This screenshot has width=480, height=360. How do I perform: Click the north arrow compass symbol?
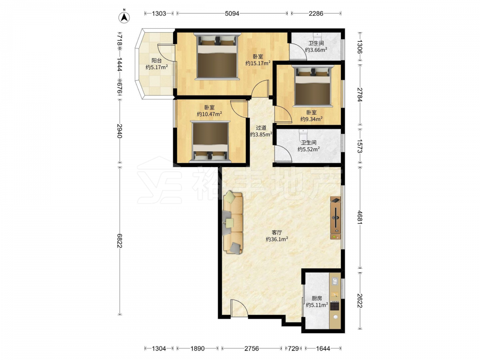124,17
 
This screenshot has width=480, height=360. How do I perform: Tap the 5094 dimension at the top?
232,13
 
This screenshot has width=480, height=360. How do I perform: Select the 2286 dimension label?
316,13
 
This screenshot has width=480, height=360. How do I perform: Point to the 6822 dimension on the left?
119,240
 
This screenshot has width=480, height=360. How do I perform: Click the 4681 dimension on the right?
360,217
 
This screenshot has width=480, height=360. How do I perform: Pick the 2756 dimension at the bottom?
252,348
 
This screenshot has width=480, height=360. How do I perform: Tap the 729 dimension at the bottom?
293,348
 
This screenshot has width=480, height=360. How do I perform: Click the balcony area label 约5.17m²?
156,67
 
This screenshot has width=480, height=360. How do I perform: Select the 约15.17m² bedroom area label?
258,63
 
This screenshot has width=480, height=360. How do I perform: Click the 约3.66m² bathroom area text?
316,49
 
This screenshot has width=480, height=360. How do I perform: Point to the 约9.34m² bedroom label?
312,119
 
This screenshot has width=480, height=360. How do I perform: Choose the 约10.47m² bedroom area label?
209,114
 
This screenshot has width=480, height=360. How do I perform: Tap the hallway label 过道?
261,128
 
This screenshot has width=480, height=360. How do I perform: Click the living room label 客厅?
277,233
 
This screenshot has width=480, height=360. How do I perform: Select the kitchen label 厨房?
317,298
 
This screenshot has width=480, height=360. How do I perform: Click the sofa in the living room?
233,223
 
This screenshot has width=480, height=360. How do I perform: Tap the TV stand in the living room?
336,217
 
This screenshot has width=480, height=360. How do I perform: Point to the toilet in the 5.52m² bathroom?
303,134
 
